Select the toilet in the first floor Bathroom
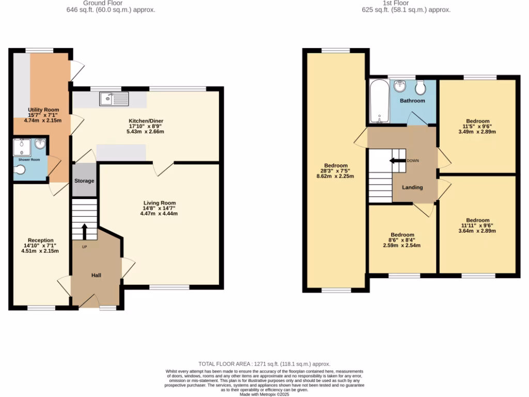(420, 87)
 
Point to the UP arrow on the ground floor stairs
(84, 231)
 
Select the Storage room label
(84, 181)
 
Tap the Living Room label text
(160, 203)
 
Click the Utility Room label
(43, 110)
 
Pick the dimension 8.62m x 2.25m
(335, 176)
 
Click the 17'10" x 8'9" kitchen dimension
(146, 126)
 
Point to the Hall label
(96, 275)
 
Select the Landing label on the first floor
(412, 187)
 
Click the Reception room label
(40, 240)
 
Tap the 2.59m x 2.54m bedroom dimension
(402, 246)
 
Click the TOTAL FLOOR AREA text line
(264, 364)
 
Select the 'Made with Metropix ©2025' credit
(264, 394)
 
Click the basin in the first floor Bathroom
(399, 86)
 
